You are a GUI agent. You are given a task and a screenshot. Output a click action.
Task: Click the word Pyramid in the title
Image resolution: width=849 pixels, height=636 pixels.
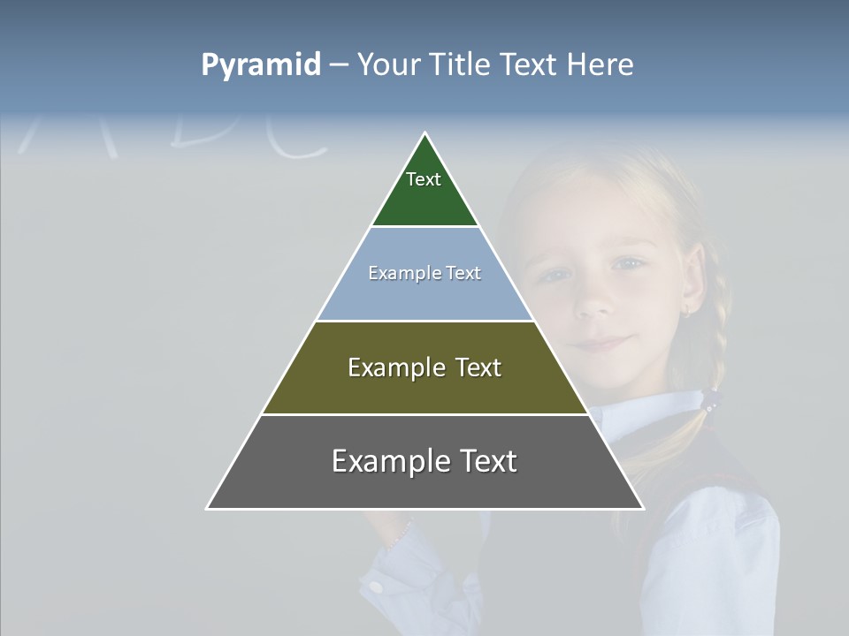click(x=260, y=65)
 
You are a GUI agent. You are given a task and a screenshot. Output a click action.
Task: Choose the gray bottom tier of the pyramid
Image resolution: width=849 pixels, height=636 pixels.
click(x=424, y=487)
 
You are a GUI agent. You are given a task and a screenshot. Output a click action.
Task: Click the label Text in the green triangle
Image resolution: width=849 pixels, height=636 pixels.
click(x=424, y=179)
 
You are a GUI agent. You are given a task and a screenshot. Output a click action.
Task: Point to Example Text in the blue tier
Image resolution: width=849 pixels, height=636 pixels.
click(x=424, y=273)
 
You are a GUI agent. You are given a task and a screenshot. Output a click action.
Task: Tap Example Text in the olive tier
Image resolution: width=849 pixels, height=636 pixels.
click(x=424, y=367)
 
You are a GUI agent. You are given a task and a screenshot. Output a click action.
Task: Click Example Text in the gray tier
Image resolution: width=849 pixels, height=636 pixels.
click(x=424, y=461)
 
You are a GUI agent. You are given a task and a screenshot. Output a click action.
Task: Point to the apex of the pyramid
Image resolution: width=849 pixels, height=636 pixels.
click(x=425, y=134)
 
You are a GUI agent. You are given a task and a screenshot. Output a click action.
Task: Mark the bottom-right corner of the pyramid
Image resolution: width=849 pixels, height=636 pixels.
click(x=642, y=508)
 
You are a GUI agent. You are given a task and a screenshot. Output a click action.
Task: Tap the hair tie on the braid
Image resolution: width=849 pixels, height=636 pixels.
click(x=709, y=402)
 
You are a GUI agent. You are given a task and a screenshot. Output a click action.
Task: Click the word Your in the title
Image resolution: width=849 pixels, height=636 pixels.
click(x=389, y=65)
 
